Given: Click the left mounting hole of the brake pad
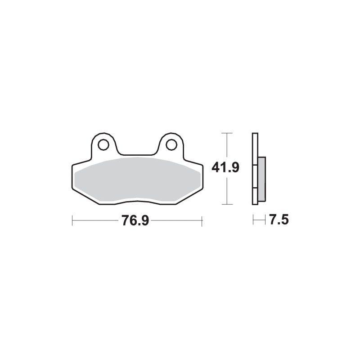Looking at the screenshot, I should (x=103, y=145).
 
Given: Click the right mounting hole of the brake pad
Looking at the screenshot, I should (x=171, y=145).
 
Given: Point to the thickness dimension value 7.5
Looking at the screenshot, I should (x=279, y=220).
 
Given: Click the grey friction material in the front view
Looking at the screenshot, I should (x=137, y=180).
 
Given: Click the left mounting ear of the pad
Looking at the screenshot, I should (x=103, y=143).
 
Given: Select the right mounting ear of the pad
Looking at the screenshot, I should (x=171, y=143).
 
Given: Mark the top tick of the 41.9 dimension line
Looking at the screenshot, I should (x=228, y=133).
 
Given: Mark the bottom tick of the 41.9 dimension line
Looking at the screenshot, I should (x=228, y=205).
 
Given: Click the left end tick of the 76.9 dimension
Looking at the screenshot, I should (x=72, y=220).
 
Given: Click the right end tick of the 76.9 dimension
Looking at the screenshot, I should (x=202, y=220).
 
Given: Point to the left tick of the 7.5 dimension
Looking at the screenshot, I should (x=254, y=220).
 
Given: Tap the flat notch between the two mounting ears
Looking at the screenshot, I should (x=137, y=156).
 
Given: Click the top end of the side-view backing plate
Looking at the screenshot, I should (x=255, y=135).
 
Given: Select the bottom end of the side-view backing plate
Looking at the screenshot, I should (x=255, y=204).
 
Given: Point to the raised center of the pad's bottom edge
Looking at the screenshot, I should (x=137, y=201).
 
